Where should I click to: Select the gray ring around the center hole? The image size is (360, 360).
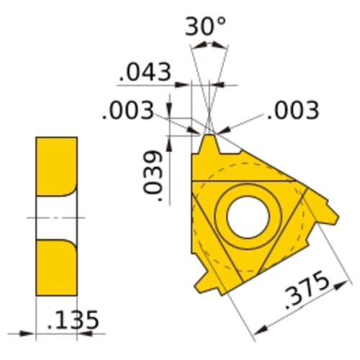coord(248,194)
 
